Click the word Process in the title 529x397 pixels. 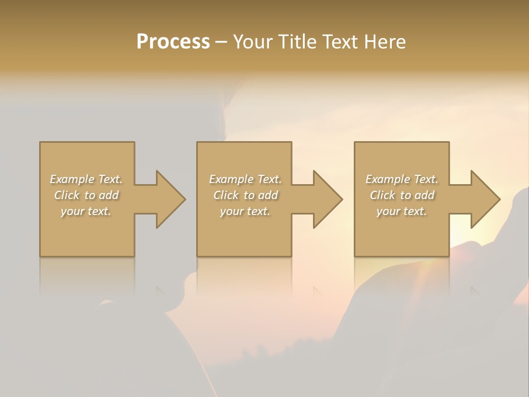tap(173, 42)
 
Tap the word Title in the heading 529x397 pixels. tap(298, 42)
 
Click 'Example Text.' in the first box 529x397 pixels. tap(86, 179)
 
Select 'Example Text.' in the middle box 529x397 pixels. tap(245, 179)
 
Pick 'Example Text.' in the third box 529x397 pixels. tap(402, 179)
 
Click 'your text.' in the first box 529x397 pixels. tap(86, 211)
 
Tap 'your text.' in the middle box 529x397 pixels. tap(245, 211)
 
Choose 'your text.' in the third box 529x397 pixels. tap(402, 211)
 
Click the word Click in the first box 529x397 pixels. tap(67, 195)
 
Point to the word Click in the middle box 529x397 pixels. tap(226, 195)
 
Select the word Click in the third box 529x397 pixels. tap(382, 195)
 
